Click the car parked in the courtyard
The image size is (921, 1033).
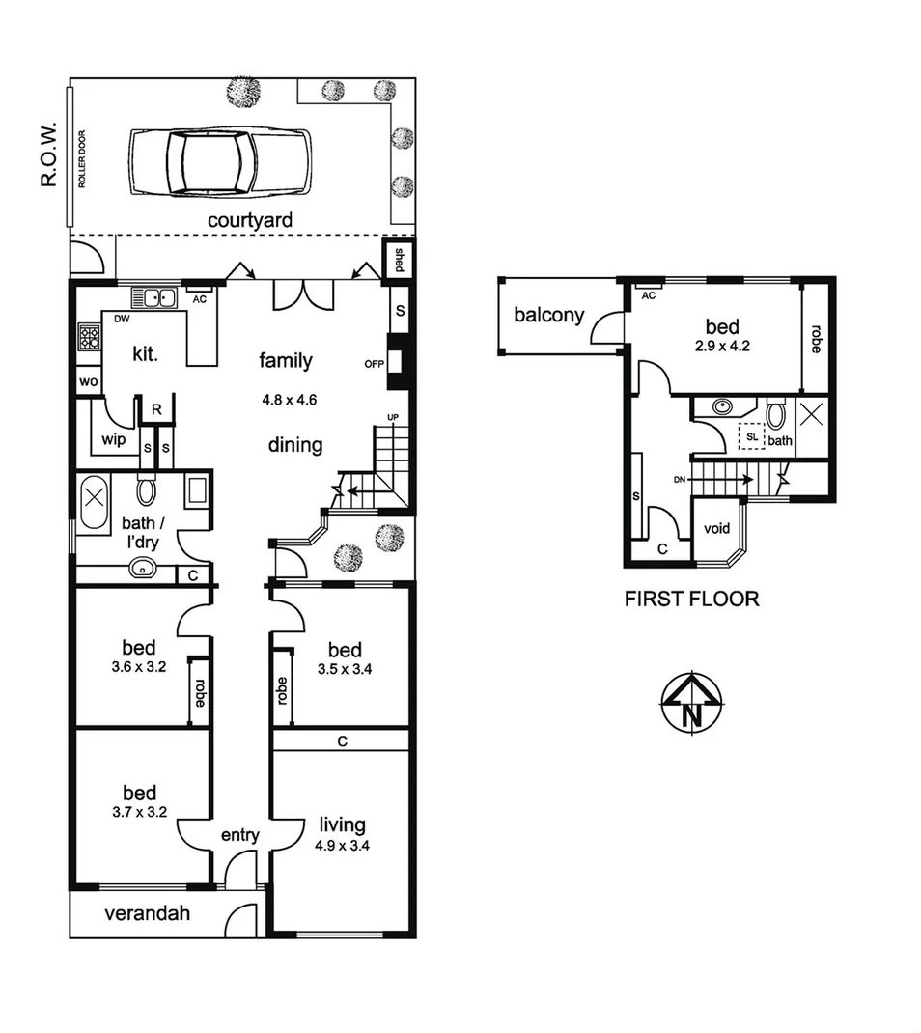(x=220, y=160)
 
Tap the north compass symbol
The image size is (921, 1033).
(x=691, y=702)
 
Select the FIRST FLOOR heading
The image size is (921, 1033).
(x=691, y=599)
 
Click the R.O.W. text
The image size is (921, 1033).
(x=48, y=154)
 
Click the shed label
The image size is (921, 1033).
(x=398, y=259)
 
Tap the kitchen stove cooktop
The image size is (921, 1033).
(x=90, y=337)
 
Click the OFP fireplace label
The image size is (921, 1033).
(x=375, y=364)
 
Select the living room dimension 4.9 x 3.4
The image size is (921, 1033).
(x=343, y=844)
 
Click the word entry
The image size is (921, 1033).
(x=239, y=835)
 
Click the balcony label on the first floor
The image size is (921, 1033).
(x=548, y=315)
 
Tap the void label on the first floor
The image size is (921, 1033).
(x=716, y=528)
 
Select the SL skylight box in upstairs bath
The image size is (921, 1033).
(x=750, y=435)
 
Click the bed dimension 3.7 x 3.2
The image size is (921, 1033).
(x=140, y=812)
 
